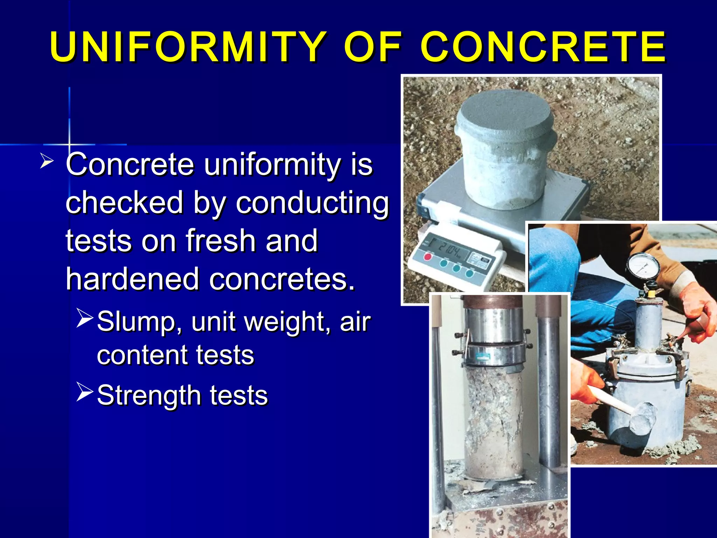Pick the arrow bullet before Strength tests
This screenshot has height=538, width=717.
84,392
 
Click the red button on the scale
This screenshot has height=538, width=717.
428,257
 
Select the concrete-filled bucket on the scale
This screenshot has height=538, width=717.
506,151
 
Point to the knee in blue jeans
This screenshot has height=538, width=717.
553,252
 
